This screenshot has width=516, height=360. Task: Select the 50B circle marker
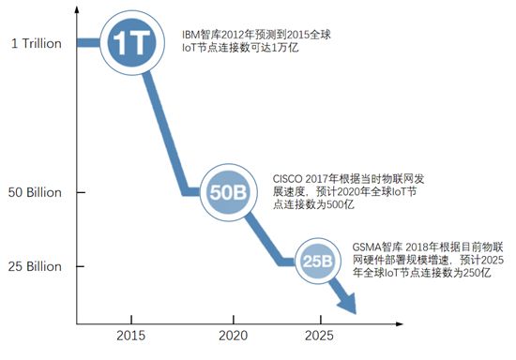tap(227, 193)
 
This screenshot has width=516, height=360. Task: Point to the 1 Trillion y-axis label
tap(35, 43)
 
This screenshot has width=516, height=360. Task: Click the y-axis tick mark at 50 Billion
tap(77, 193)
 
